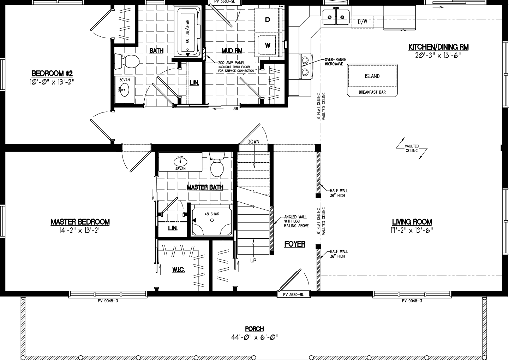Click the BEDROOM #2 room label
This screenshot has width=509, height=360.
click(x=52, y=74)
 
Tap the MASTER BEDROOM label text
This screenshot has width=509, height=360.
click(x=80, y=222)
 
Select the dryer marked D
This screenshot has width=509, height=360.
click(x=268, y=20)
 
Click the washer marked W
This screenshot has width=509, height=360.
click(x=268, y=45)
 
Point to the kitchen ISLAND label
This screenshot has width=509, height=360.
click(x=372, y=76)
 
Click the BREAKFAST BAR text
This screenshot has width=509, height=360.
click(x=372, y=92)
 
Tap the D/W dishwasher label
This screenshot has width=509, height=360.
click(x=363, y=22)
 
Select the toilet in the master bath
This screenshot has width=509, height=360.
click(x=216, y=166)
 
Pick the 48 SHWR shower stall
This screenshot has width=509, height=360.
click(x=212, y=220)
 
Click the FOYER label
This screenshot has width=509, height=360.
click(x=295, y=244)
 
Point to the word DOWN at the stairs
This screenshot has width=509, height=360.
click(x=253, y=141)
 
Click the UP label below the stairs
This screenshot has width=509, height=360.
click(x=253, y=261)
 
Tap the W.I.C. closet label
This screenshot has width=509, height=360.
click(x=179, y=270)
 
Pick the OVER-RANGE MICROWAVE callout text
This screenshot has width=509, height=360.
click(x=335, y=62)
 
